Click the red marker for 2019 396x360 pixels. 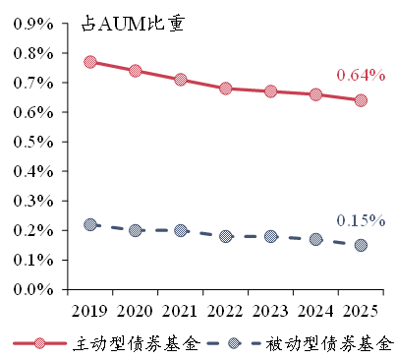[x=90, y=62]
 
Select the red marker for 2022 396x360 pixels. [x=226, y=89]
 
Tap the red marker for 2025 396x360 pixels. [x=361, y=100]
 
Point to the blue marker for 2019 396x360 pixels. [x=90, y=224]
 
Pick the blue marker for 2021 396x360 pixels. [x=181, y=230]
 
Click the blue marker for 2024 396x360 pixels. [x=315, y=239]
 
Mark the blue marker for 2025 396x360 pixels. [x=361, y=245]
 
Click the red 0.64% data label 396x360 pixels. [x=361, y=75]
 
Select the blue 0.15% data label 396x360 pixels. [x=361, y=220]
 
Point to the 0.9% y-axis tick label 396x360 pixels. [x=33, y=24]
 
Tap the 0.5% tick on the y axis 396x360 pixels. [x=33, y=142]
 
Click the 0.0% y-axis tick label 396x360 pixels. [x=33, y=289]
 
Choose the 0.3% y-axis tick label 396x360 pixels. [x=33, y=201]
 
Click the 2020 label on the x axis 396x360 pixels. [x=135, y=311]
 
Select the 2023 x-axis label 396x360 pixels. [x=270, y=311]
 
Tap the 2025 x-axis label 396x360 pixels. [x=361, y=311]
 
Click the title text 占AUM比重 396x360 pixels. [x=133, y=24]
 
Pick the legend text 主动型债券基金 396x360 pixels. [x=137, y=343]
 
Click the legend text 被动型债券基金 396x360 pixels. [x=329, y=343]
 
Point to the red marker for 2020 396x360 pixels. [x=136, y=71]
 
